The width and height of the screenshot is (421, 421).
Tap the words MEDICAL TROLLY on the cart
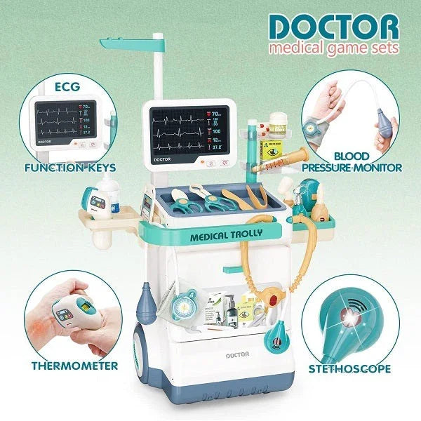tap(222, 236)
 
